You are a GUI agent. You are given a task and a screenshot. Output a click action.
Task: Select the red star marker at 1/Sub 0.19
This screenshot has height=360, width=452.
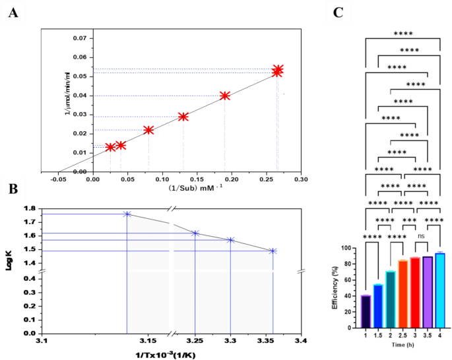tap(225, 96)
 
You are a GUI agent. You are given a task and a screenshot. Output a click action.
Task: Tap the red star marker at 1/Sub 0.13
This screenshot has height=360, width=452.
tap(183, 117)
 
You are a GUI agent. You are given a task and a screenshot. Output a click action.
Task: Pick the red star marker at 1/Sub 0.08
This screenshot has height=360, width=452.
tap(148, 130)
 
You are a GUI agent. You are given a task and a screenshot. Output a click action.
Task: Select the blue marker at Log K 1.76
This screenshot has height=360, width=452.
tap(127, 214)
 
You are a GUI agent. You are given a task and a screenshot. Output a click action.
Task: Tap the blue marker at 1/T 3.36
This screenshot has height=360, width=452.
tap(273, 251)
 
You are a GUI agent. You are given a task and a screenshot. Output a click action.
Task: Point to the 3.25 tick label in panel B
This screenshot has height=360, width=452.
tap(195, 342)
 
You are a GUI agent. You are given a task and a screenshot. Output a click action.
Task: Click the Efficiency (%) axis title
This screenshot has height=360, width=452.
tap(337, 287)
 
